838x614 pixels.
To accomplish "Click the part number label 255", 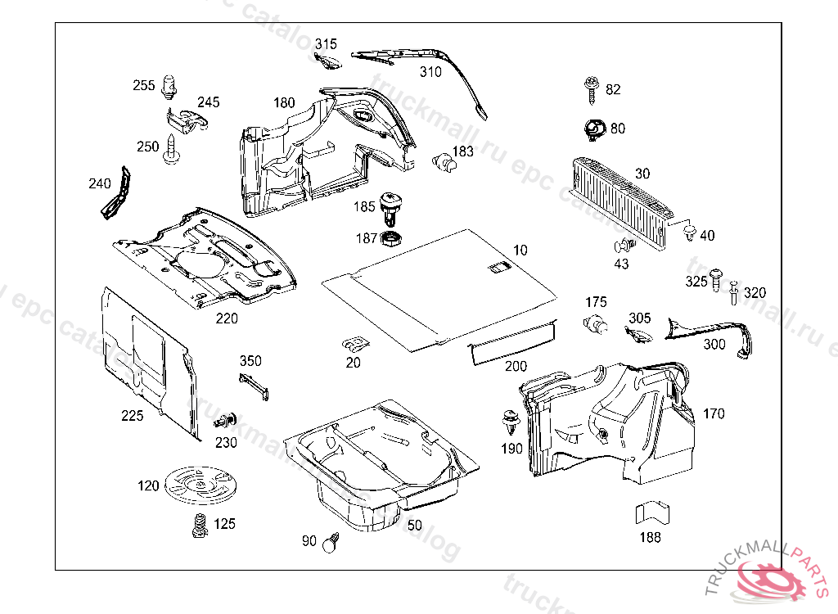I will pos(144,85).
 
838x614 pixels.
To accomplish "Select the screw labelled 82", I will pos(591,88).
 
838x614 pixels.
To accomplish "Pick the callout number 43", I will pos(622,264).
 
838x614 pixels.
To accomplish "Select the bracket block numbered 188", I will pos(651,514).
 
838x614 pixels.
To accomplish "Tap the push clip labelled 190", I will pos(511,423).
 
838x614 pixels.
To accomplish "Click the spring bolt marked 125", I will pos(198,524).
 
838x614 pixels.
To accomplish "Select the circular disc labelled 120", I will pos(200,485).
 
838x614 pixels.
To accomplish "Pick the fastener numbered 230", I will pos(224,422).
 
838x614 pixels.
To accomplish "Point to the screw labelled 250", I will pos(172,150).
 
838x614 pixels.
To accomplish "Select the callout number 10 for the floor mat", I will pos(520,250).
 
